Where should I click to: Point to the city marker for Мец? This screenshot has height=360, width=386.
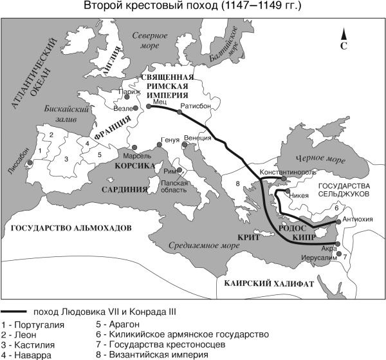point(148,106)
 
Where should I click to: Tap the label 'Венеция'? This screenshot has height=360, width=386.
point(197,138)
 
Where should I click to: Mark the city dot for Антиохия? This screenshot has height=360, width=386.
point(338,218)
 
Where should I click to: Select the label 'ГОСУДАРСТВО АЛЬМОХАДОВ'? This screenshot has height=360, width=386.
point(67,228)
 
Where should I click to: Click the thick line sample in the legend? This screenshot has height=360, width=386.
point(15,310)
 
